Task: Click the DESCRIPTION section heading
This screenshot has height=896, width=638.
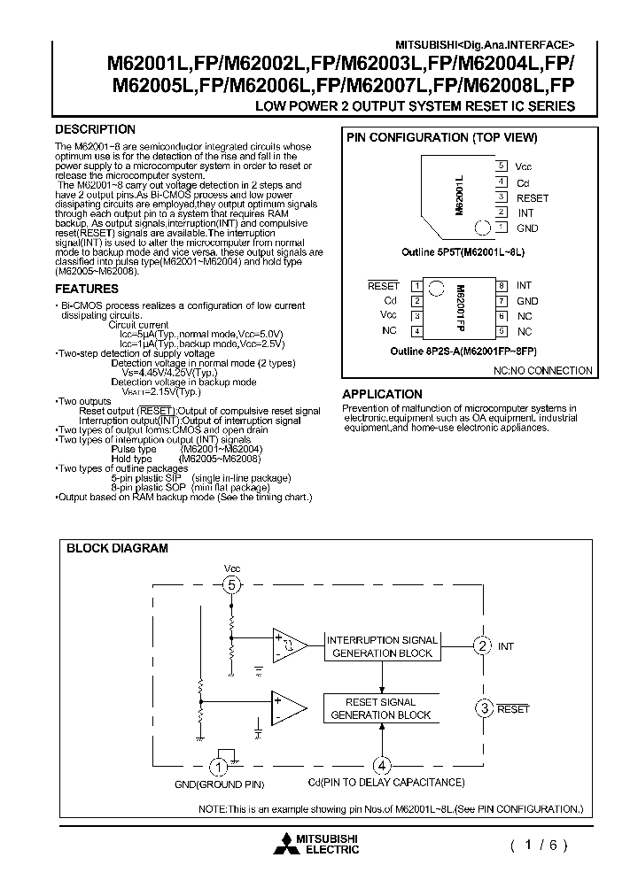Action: tap(96, 129)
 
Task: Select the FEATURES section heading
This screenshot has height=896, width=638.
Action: tap(87, 289)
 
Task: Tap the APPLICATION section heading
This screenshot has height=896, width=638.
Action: tap(382, 394)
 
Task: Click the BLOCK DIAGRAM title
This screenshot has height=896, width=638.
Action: tap(117, 548)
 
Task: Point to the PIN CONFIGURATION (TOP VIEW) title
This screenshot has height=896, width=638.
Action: tap(442, 137)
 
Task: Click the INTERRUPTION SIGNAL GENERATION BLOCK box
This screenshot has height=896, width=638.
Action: tap(382, 646)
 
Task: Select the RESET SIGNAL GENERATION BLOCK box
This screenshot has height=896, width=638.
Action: tap(382, 708)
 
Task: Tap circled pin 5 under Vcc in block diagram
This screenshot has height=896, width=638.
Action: tap(232, 584)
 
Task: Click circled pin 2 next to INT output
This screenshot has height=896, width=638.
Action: tap(482, 646)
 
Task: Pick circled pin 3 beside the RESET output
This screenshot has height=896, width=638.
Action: tap(484, 707)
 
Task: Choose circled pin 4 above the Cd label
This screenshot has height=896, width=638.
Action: tap(382, 766)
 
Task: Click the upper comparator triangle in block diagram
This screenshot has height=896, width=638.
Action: tap(288, 646)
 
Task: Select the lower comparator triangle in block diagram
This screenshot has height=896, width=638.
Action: tap(288, 708)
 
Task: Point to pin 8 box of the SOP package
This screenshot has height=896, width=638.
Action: tap(502, 286)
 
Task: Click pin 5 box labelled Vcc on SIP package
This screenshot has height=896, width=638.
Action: tap(502, 166)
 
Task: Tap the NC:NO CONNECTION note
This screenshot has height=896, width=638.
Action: tap(542, 371)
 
